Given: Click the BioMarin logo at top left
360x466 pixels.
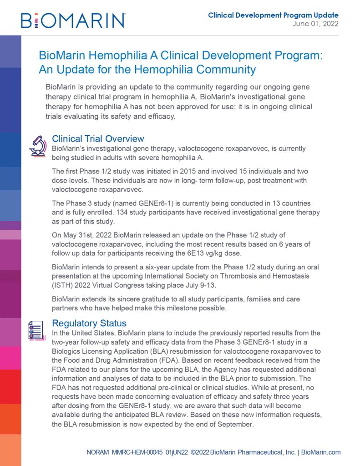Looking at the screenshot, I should pos(73,20).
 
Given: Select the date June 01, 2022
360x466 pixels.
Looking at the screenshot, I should pos(315,24).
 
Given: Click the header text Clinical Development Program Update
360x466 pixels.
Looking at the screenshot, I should pos(273,15).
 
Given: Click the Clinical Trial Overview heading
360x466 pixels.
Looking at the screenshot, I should pos(98,139).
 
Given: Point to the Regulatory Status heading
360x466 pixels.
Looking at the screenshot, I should pos(89,323).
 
